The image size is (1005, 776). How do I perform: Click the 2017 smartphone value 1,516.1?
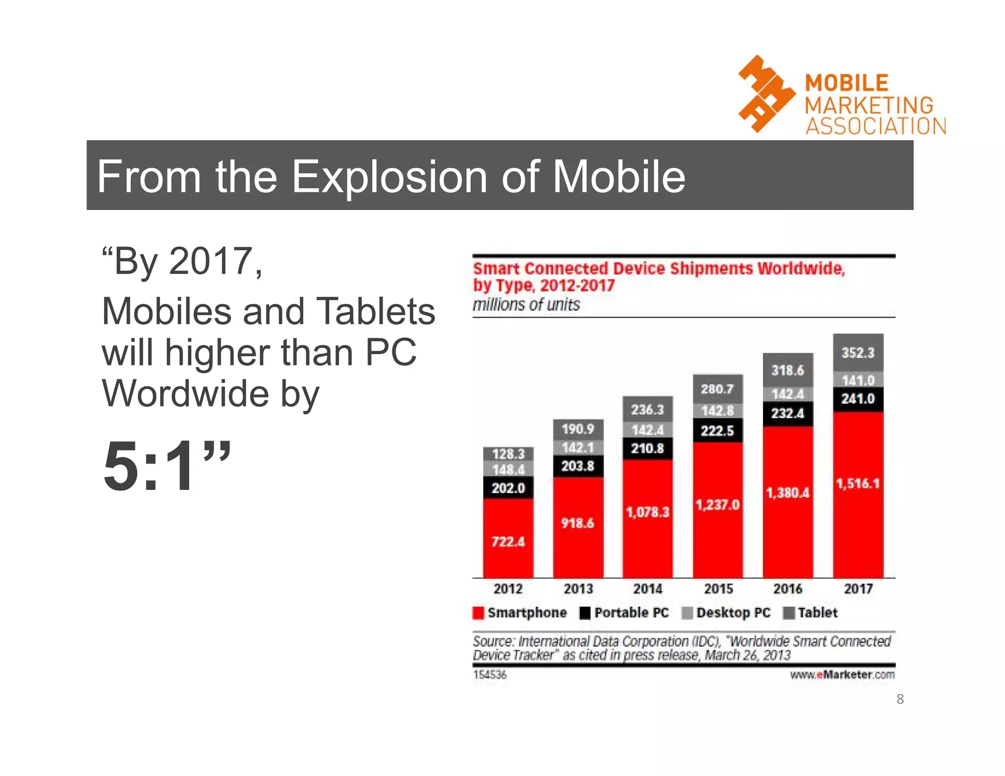pos(857,484)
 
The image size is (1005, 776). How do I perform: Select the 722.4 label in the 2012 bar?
pos(508,542)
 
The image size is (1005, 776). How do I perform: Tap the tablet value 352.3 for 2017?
pos(858,353)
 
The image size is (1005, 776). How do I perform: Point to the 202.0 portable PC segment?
pos(508,488)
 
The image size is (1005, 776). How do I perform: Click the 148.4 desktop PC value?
pos(508,469)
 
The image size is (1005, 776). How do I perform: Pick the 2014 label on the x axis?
pos(648,589)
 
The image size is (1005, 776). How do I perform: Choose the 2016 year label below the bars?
pos(788,589)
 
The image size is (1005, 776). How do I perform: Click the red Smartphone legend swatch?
pos(478,613)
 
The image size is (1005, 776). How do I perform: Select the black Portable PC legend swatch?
pos(584,613)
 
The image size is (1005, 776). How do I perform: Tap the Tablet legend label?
pos(818,613)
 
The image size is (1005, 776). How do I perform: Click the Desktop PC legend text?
pos(733,613)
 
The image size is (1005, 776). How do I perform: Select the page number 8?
pos(900,699)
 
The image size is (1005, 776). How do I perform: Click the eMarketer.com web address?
pos(842,674)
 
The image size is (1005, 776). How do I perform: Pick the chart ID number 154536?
pos(489,674)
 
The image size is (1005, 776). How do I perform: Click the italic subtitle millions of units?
pos(526,305)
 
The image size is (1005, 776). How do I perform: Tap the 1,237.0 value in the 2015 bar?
pos(717,505)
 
